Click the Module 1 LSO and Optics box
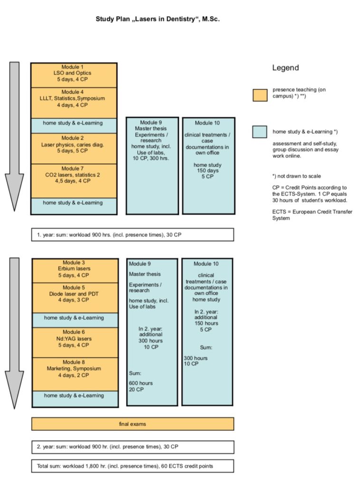point(74,75)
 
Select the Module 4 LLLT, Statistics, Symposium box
point(74,103)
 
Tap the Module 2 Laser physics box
point(74,149)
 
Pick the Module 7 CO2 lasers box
point(74,181)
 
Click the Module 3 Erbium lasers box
point(75,271)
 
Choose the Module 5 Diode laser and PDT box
point(75,298)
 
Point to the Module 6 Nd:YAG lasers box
point(75,343)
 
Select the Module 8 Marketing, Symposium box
point(75,374)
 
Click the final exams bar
point(133,424)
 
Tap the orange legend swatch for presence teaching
point(260,95)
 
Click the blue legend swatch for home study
point(260,132)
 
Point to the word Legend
point(285,68)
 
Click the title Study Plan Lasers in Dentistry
point(158,19)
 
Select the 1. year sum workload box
point(133,234)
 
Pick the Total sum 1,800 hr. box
point(133,466)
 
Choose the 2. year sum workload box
point(133,447)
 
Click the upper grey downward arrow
point(14,136)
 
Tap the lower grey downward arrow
point(14,333)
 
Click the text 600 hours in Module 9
point(141,383)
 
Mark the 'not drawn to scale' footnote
point(297,176)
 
